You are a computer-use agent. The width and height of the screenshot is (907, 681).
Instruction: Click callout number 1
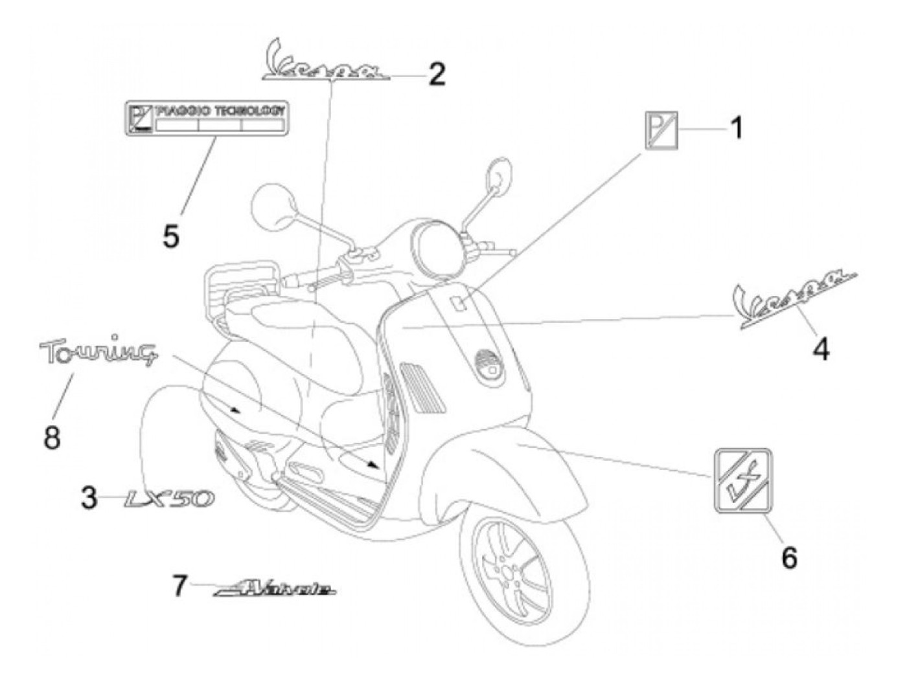coord(736,128)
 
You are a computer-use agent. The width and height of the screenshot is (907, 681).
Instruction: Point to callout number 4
coord(821,350)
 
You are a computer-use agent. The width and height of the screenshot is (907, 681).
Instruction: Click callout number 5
coord(170,236)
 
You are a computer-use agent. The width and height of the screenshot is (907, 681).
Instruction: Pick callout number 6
coord(788,556)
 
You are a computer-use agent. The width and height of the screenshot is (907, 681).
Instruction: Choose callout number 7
coord(180,586)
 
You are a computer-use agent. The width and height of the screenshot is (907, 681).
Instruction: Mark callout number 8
coord(52,438)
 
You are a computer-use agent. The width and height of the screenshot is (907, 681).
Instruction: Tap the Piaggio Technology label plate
coord(206,117)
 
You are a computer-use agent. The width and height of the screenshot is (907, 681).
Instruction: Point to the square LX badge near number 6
coord(743,480)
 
